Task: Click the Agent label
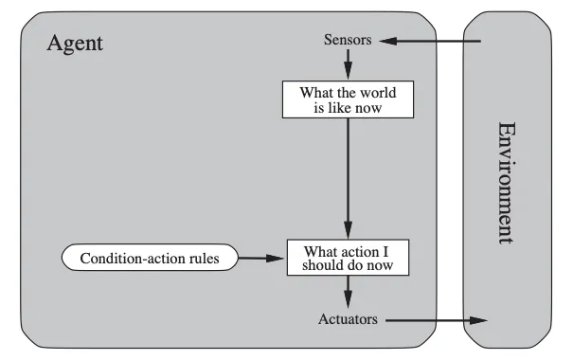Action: click(75, 44)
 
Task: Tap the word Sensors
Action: click(348, 40)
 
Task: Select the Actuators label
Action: click(348, 319)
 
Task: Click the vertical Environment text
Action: click(508, 183)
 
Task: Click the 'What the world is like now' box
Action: click(348, 99)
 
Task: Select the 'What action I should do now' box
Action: click(348, 258)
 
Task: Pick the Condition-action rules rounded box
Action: click(150, 258)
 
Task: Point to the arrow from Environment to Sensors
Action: click(430, 41)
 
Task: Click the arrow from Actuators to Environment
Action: click(437, 320)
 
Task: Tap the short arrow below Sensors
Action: click(348, 64)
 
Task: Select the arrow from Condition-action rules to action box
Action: click(260, 258)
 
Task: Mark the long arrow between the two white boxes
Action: click(348, 179)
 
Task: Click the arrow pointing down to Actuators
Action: click(348, 292)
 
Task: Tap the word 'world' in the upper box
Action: click(378, 93)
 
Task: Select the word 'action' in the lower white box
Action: click(360, 252)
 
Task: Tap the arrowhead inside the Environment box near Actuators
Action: click(478, 320)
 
